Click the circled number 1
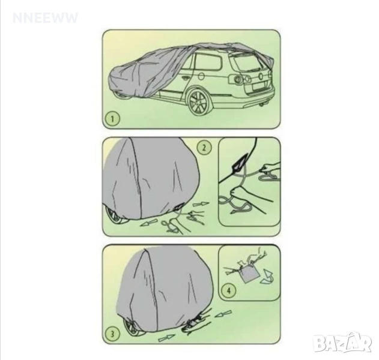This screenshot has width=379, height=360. pyautogui.click(x=112, y=119)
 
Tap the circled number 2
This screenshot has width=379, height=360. pyautogui.click(x=204, y=147)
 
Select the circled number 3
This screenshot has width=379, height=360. pyautogui.click(x=112, y=334)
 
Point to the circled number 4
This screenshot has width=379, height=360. pyautogui.click(x=228, y=290)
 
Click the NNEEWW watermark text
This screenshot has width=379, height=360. pyautogui.click(x=45, y=18)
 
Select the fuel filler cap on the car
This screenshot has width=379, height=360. pyautogui.click(x=201, y=77)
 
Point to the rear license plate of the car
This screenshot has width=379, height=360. pyautogui.click(x=258, y=88)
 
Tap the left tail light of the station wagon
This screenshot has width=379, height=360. pyautogui.click(x=237, y=79)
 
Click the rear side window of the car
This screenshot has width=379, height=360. pyautogui.click(x=208, y=62)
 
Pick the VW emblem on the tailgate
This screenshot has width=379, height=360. pyautogui.click(x=261, y=76)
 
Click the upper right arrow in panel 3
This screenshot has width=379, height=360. pyautogui.click(x=223, y=314)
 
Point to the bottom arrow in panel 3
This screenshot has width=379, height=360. pyautogui.click(x=166, y=338)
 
